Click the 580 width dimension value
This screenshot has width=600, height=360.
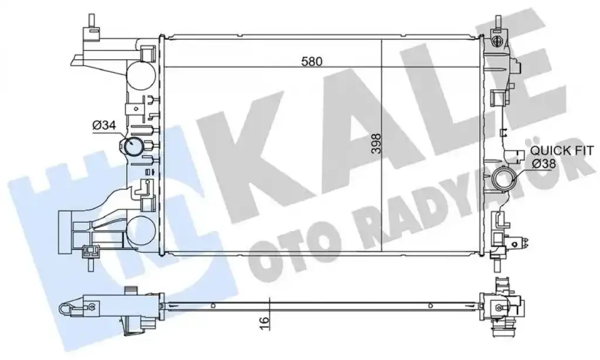coord(312,62)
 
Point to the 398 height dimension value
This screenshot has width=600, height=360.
coord(377,144)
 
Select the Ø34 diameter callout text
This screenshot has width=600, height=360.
coord(104,125)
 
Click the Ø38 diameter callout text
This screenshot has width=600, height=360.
coord(544,164)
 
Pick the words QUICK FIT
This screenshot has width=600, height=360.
coord(562,150)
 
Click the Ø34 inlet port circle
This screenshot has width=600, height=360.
coord(131,147)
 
